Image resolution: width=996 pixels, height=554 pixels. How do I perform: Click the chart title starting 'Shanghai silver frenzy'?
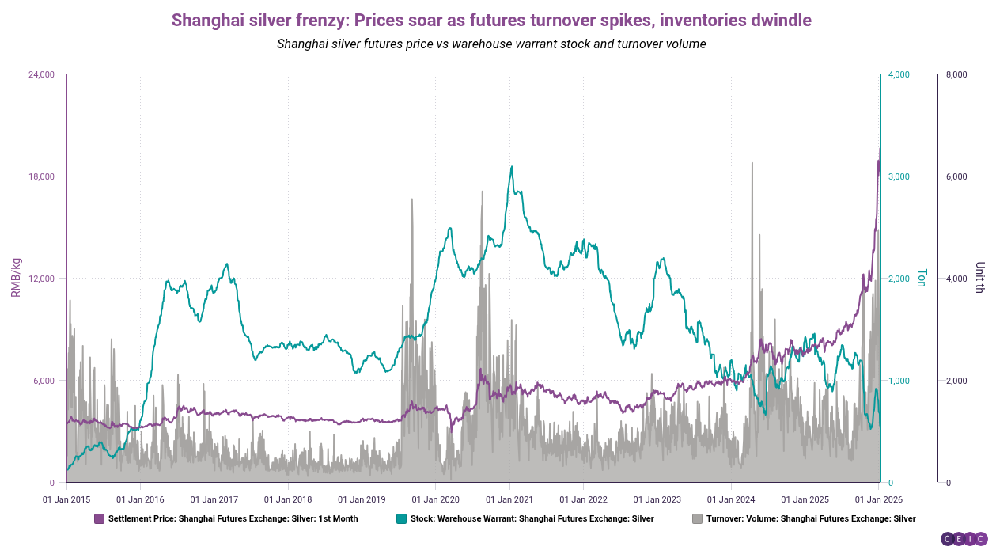491,20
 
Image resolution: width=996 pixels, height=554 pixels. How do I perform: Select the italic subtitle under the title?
491,44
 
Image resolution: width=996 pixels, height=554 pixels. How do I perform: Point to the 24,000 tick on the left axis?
41,74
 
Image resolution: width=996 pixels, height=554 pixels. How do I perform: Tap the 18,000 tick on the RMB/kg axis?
41,176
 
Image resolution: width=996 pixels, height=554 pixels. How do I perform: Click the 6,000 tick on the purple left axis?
44,381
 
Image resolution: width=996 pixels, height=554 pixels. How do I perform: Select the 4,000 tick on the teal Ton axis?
900,74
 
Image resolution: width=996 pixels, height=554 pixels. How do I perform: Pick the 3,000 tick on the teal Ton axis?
900,176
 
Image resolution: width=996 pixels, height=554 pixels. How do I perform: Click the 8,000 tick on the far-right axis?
957,74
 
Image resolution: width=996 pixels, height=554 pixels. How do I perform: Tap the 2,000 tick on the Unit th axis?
957,381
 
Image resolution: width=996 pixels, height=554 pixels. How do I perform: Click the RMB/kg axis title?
15,278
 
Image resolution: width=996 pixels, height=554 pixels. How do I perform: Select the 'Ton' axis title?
922,278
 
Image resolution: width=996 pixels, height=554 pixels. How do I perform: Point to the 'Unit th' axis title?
980,278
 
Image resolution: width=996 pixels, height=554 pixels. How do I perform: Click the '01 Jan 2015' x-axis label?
66,499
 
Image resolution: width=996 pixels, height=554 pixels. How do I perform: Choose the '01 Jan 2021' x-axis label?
509,499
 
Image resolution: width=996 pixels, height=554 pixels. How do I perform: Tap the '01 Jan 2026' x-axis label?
880,499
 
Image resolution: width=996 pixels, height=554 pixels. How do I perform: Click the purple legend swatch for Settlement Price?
99,519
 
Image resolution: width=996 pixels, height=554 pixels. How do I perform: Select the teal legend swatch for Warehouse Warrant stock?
401,519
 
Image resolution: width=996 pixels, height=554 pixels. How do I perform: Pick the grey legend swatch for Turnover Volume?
697,519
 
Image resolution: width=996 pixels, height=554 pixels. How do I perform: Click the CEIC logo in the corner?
963,539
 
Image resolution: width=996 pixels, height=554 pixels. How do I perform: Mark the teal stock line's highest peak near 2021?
512,167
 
